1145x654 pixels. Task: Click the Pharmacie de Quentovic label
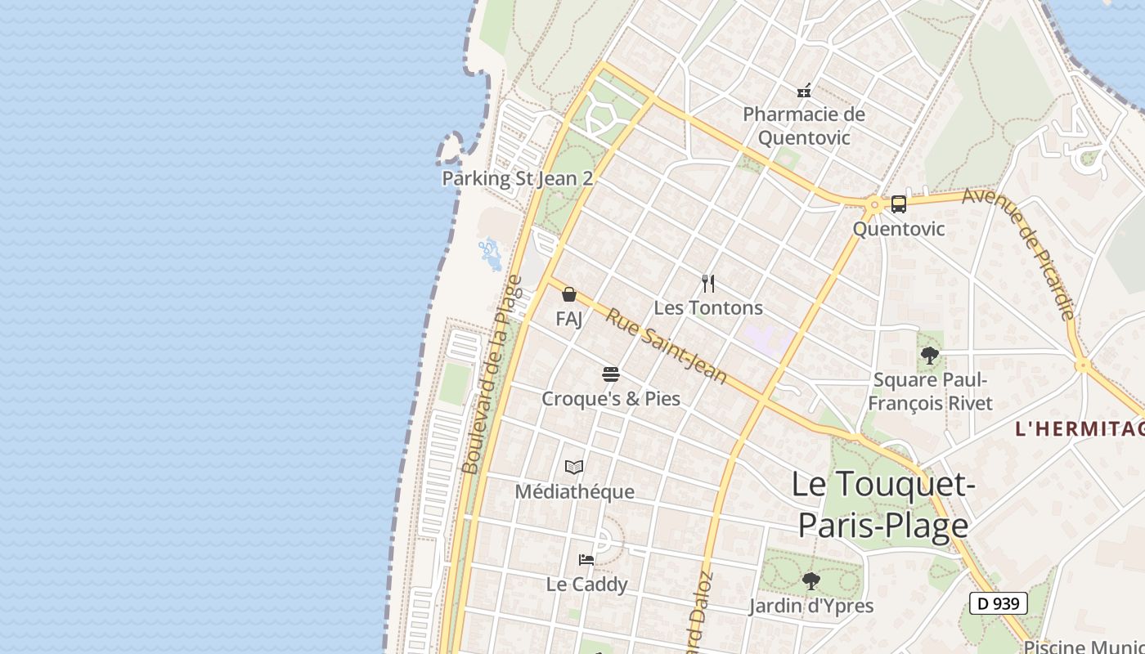(x=803, y=125)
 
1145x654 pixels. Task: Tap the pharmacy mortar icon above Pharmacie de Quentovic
(x=804, y=90)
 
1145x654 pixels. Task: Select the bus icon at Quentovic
(x=898, y=204)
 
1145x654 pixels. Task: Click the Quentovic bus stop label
(x=898, y=229)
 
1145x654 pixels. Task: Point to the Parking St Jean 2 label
(x=517, y=178)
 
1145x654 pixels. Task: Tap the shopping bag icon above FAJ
(x=569, y=294)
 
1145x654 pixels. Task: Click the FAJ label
(x=569, y=318)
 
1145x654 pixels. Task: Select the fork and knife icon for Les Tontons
(x=708, y=284)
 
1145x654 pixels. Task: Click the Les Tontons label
(x=708, y=307)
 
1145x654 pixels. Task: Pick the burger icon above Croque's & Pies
(x=611, y=374)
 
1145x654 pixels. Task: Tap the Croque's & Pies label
(x=611, y=399)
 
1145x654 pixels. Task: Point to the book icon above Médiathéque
(x=574, y=468)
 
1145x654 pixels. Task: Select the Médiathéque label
(x=574, y=491)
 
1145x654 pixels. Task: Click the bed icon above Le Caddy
(x=586, y=560)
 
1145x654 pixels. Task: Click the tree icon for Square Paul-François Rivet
(x=929, y=356)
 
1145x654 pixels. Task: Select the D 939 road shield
(x=998, y=603)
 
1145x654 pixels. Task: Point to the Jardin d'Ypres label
(x=811, y=606)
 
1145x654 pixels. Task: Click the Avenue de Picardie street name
(x=1019, y=253)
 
